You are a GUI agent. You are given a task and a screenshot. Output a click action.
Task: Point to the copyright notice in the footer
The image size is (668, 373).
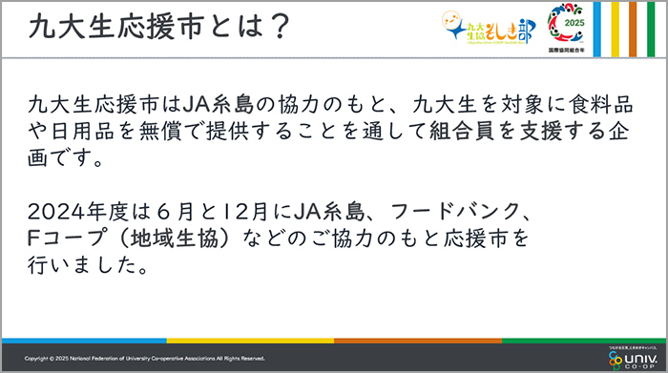144,359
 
